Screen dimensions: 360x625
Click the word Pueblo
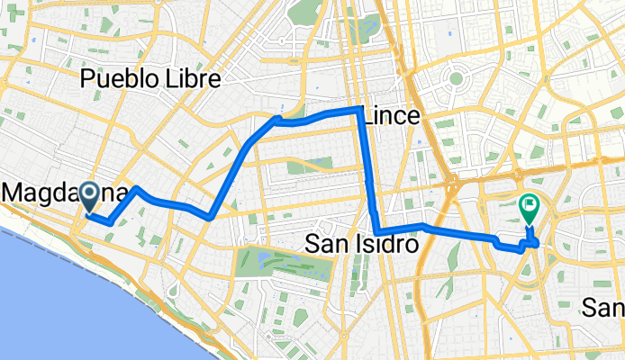113,80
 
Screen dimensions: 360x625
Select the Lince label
390,116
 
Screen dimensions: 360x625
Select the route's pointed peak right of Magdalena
136,189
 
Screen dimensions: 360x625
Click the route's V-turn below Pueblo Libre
210,216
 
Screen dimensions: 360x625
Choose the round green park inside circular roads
456,79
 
